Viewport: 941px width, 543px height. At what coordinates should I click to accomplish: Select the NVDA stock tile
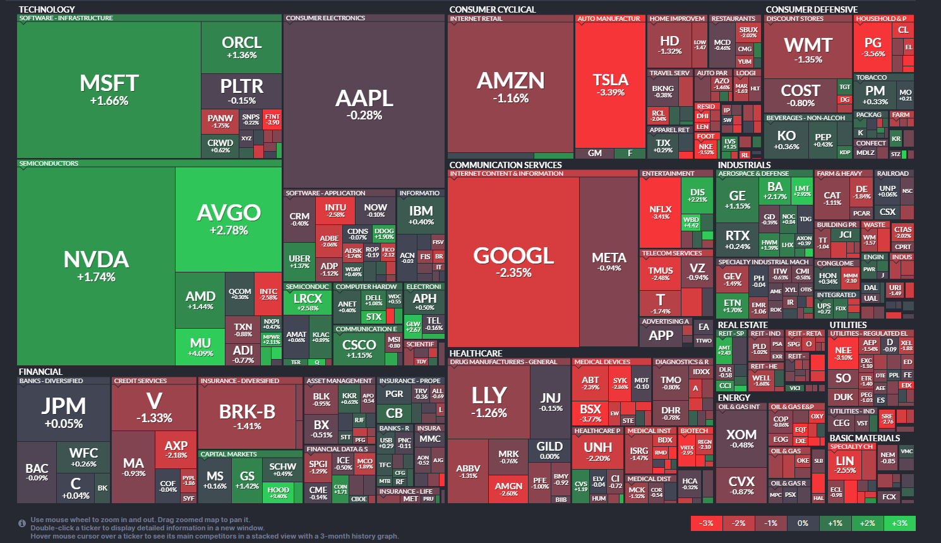96,265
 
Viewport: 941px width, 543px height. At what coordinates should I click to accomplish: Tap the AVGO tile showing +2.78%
229,218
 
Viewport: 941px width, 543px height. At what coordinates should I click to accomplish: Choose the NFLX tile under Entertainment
660,212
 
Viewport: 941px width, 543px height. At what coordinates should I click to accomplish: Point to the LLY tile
489,401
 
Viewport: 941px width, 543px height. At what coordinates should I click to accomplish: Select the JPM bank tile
64,412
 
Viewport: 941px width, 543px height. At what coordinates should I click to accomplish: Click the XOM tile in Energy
741,438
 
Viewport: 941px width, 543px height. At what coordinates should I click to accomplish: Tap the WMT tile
808,50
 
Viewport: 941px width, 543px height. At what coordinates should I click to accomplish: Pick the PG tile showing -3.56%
873,47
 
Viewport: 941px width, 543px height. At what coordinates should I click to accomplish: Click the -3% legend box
707,523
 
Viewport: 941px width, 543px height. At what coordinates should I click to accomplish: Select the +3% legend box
899,523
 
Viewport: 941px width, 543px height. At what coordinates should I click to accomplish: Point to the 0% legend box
803,523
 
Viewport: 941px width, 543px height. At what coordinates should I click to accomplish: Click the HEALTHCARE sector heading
476,353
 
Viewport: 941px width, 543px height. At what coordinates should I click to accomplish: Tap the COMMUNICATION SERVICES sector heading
505,165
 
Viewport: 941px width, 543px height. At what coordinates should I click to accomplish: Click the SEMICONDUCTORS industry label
49,164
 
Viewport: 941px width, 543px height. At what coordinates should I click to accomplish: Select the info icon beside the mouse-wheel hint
22,523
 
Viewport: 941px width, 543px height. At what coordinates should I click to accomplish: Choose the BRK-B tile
247,416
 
